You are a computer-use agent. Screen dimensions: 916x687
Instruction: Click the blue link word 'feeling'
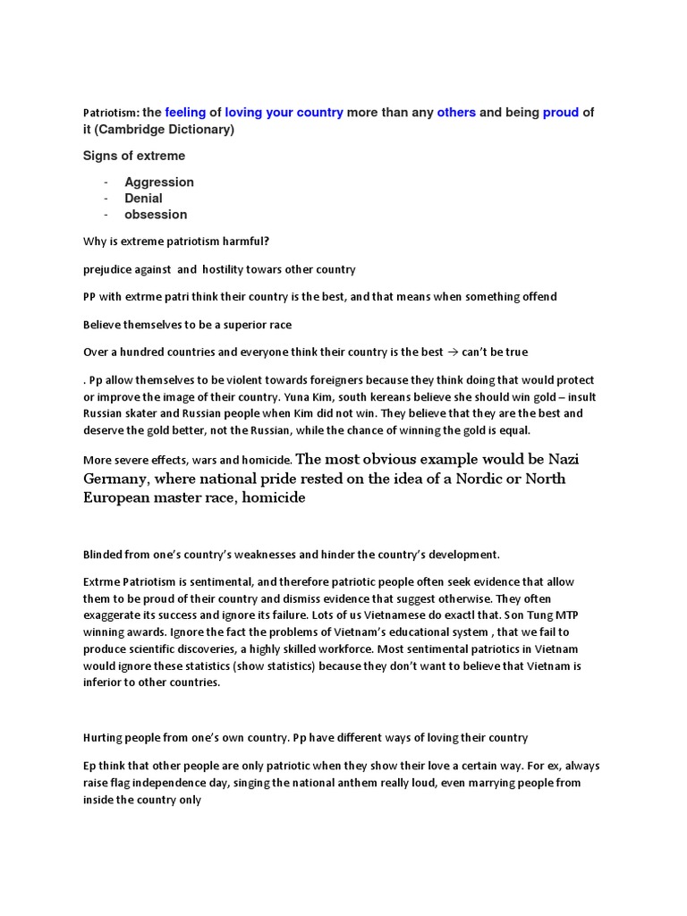tap(186, 113)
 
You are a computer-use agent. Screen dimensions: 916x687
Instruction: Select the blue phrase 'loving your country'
tap(284, 113)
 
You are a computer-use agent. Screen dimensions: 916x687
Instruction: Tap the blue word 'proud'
tap(561, 113)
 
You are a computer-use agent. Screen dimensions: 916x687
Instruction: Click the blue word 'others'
tap(456, 113)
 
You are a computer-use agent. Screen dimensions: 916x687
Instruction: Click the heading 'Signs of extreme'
tap(134, 156)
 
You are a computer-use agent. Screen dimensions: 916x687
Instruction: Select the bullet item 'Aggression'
tap(159, 182)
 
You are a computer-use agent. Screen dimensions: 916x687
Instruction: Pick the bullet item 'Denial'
tap(143, 198)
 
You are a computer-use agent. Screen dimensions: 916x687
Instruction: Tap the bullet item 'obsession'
tap(156, 214)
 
